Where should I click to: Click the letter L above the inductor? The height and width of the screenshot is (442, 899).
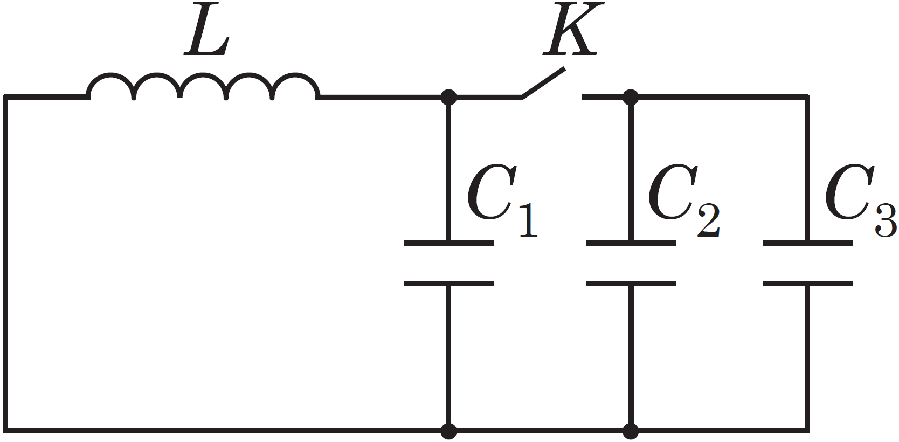pos(207,29)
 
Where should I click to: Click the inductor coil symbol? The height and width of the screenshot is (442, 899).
pos(203,86)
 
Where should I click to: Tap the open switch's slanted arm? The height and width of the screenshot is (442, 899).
pos(543,82)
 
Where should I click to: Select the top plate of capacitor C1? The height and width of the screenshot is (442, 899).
pos(448,243)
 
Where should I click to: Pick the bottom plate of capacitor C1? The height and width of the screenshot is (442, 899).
pos(448,284)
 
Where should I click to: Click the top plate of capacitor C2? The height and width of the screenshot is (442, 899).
pos(631,243)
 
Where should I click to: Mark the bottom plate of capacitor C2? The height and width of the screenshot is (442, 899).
pos(631,284)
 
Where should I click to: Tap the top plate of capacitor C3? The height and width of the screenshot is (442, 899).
pos(807,243)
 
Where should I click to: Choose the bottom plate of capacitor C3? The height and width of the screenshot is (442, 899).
pos(807,284)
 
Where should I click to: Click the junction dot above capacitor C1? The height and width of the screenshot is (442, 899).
pos(448,97)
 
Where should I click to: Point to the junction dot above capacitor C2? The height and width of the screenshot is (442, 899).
pos(631,97)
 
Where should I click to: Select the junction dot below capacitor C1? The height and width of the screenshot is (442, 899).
pos(448,431)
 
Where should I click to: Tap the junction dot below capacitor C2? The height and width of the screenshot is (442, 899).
pos(631,431)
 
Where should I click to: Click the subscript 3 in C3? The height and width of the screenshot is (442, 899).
pos(886,220)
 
